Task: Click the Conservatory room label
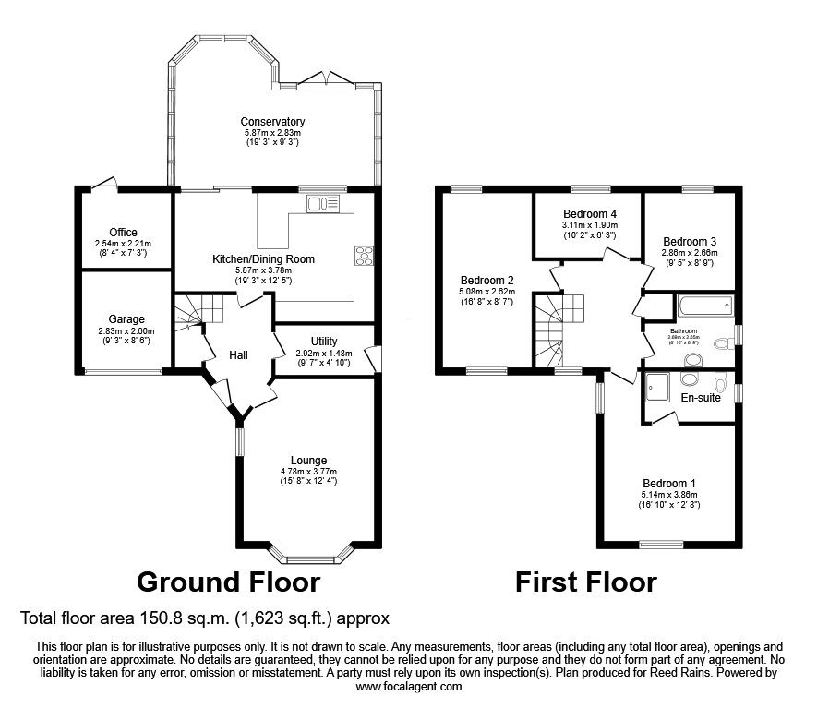pyautogui.click(x=272, y=122)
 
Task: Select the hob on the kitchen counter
pyautogui.click(x=362, y=256)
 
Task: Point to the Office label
pyautogui.click(x=123, y=233)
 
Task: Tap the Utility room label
pyautogui.click(x=324, y=342)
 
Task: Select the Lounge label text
pyautogui.click(x=308, y=461)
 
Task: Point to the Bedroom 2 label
pyautogui.click(x=487, y=281)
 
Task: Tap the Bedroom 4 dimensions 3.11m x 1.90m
pyautogui.click(x=589, y=225)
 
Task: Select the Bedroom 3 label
pyautogui.click(x=690, y=240)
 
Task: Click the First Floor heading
pyautogui.click(x=585, y=582)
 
